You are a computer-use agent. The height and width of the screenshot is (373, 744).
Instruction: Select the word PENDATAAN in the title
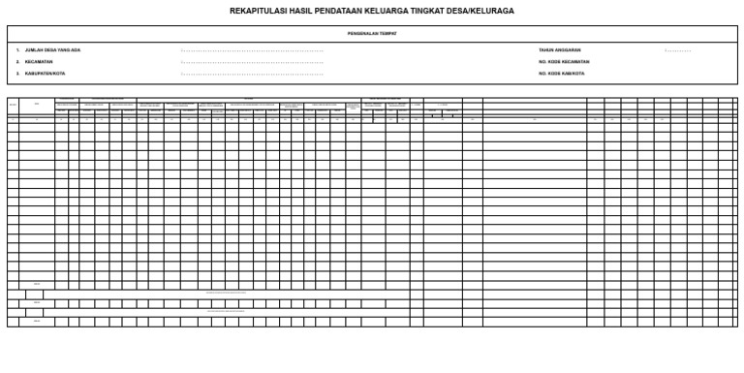click(330, 12)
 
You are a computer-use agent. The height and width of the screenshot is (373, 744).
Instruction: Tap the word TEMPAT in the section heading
click(388, 33)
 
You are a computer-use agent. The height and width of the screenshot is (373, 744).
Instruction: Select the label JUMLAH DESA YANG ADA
click(52, 49)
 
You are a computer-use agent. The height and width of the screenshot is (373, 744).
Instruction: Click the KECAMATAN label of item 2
click(39, 61)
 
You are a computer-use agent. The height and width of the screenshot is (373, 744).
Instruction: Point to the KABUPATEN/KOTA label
click(45, 73)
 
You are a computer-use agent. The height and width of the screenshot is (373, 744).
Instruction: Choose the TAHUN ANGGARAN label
click(560, 49)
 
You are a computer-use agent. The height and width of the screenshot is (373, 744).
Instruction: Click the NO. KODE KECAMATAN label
click(564, 61)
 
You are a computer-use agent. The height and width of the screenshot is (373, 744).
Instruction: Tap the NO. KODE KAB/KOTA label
click(561, 73)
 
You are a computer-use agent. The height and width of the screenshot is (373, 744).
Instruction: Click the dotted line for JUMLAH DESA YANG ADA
click(252, 49)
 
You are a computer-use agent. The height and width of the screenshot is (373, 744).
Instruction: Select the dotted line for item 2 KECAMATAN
click(252, 61)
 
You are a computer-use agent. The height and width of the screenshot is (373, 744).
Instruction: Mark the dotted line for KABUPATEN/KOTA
click(252, 73)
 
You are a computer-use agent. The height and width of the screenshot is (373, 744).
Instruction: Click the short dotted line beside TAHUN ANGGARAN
click(678, 49)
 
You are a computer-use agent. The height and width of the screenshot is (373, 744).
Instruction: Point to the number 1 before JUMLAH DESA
click(17, 49)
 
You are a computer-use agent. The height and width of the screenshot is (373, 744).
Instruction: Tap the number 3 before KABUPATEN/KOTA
click(17, 73)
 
